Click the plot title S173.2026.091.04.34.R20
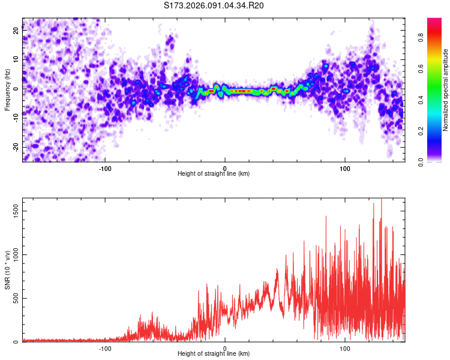click(214, 5)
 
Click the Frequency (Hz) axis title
click(7, 90)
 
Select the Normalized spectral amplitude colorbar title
click(446, 90)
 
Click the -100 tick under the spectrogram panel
click(105, 167)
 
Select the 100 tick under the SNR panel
click(345, 347)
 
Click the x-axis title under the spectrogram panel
click(214, 174)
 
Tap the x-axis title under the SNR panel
click(214, 354)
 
